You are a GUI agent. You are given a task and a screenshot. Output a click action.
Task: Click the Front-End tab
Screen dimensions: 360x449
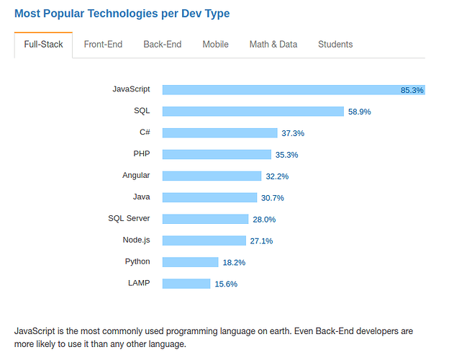[x=103, y=45]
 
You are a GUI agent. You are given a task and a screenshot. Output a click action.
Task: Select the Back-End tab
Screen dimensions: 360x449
[x=162, y=45]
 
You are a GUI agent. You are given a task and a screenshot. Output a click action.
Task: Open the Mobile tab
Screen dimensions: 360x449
[x=215, y=45]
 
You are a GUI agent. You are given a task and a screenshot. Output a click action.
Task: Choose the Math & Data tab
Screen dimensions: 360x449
[x=273, y=45]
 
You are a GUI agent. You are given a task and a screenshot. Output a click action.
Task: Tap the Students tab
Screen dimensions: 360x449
[x=335, y=45]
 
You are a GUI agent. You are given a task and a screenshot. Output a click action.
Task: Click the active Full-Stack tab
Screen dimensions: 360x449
[x=43, y=45]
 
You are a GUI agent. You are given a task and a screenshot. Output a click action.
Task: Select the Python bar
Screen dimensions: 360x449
[x=190, y=262]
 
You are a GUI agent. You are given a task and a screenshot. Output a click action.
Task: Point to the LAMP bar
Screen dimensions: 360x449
[x=186, y=284]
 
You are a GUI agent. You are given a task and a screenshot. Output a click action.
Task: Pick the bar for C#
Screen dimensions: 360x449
[x=219, y=132]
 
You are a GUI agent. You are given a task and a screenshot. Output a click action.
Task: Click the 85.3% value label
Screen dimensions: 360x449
[x=412, y=90]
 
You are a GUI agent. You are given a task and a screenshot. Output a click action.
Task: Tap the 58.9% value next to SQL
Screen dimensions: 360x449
[x=359, y=112]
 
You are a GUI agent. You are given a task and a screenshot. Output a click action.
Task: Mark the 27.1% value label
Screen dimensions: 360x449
[x=261, y=241]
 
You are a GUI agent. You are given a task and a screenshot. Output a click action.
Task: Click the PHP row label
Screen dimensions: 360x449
[x=141, y=153]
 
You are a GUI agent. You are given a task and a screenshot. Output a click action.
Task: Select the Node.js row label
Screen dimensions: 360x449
[x=136, y=240]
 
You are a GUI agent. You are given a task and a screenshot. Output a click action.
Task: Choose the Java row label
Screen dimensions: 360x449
[x=141, y=197]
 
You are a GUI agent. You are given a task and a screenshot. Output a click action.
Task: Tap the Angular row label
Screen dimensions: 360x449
[x=136, y=175]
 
